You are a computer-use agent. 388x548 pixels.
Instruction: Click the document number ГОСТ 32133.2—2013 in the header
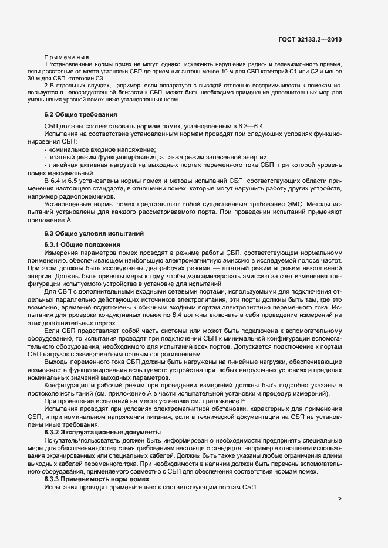(x=311, y=39)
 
